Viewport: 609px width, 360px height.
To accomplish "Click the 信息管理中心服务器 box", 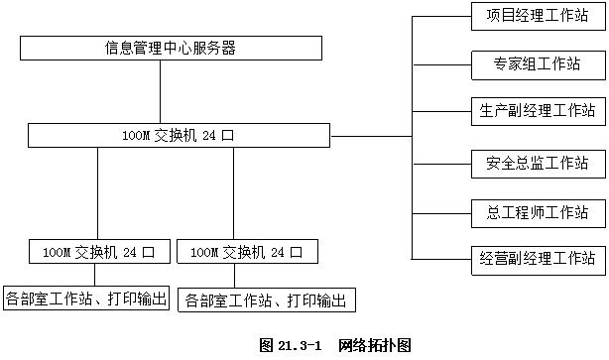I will tap(170, 48).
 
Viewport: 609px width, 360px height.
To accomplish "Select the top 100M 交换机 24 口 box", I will tap(179, 135).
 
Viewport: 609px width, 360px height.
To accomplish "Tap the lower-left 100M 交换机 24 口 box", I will tap(99, 251).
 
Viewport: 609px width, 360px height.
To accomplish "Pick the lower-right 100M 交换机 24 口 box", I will tap(247, 251).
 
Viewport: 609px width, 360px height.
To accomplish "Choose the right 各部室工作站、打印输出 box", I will tap(266, 300).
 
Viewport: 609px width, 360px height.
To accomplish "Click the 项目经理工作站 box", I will tap(537, 17).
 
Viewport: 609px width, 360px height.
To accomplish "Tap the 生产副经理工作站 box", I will tap(537, 109).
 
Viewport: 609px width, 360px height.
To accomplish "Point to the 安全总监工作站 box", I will tap(537, 162).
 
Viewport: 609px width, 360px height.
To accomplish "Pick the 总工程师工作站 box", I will tap(537, 211).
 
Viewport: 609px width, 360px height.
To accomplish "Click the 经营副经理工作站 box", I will tap(537, 260).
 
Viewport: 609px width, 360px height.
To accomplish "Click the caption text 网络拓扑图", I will tap(373, 346).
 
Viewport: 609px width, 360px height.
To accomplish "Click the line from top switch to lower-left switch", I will tap(98, 192).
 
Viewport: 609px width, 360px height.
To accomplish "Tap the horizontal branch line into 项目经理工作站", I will tap(441, 17).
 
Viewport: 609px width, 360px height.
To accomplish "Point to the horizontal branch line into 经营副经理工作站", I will tap(441, 259).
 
